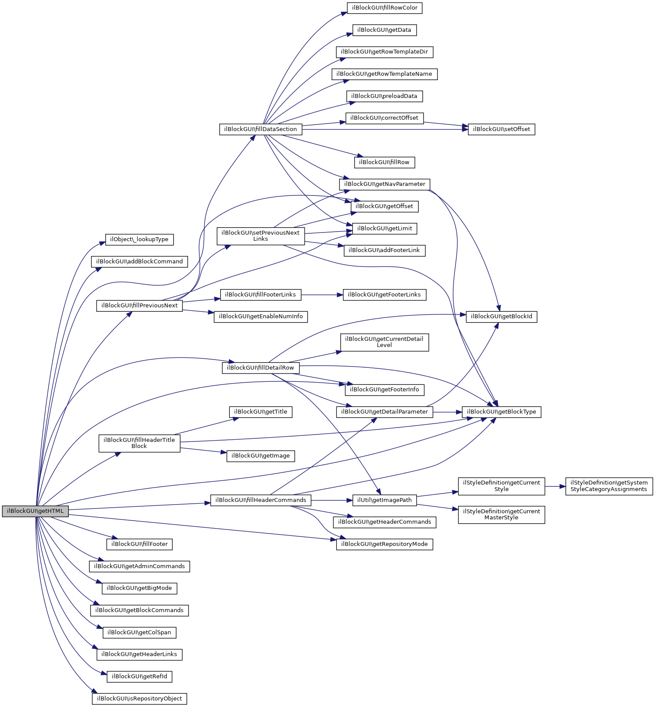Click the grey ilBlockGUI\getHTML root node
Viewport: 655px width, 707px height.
click(35, 511)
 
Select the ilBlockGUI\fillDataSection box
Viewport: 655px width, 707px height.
click(260, 129)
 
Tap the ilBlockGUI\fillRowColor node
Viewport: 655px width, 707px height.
click(384, 8)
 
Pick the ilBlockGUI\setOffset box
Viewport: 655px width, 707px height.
click(501, 129)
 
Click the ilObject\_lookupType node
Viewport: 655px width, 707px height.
click(139, 239)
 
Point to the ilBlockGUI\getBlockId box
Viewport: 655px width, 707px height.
click(501, 316)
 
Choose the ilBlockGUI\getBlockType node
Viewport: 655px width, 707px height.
click(501, 412)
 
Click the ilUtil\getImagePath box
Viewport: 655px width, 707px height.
click(384, 500)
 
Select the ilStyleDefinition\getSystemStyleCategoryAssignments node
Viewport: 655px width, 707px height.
click(609, 486)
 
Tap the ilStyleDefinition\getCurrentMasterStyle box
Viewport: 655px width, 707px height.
click(501, 515)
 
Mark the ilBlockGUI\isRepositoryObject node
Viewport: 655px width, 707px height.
click(139, 699)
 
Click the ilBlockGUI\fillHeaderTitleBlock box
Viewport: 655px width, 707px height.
click(139, 443)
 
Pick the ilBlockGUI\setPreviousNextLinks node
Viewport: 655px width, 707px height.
click(260, 236)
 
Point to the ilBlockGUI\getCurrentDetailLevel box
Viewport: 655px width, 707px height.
click(384, 342)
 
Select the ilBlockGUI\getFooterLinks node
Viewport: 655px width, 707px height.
click(384, 295)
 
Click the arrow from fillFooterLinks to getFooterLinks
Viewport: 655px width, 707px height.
click(322, 295)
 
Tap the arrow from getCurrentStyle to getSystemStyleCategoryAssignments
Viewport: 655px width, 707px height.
click(555, 486)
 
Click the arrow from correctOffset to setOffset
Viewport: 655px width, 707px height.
click(446, 125)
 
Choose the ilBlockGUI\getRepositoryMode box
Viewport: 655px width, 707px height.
click(384, 544)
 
